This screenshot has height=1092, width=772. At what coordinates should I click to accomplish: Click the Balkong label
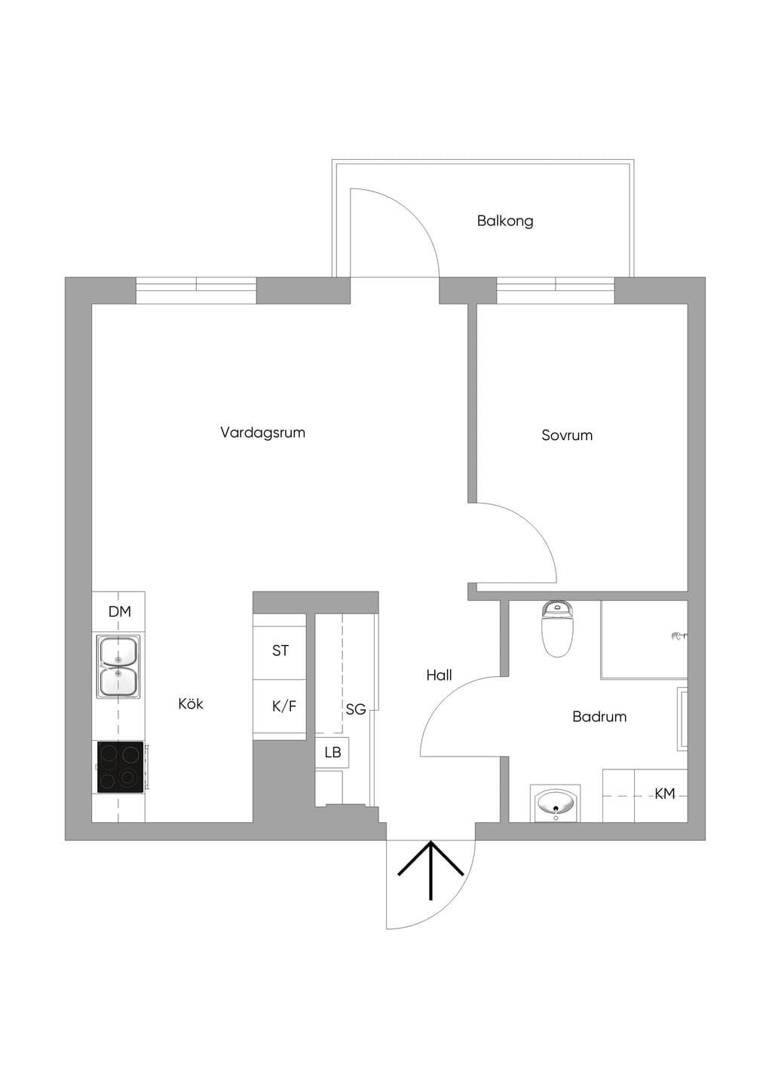505,222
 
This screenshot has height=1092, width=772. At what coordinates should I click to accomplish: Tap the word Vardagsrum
262,433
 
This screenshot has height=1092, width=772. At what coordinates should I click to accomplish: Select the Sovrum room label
567,435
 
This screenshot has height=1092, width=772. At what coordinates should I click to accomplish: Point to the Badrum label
599,717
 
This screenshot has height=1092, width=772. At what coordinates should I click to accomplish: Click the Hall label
439,675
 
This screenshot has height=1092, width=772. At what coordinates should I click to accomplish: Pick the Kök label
191,703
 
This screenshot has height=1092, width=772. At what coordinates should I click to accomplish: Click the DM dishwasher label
119,611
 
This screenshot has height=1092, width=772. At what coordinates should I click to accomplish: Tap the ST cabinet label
280,650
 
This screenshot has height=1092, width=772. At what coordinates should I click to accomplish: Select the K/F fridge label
284,706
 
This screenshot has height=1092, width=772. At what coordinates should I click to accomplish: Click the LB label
332,752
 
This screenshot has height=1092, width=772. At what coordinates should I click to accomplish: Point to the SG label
356,709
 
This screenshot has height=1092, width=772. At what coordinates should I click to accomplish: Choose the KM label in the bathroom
665,794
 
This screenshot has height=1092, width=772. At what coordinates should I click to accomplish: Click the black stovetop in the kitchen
121,767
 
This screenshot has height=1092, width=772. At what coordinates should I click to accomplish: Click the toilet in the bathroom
557,629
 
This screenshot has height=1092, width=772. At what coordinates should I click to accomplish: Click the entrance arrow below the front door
430,870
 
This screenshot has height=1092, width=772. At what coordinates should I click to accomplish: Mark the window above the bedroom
556,291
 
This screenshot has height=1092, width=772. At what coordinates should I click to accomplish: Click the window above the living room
196,291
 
